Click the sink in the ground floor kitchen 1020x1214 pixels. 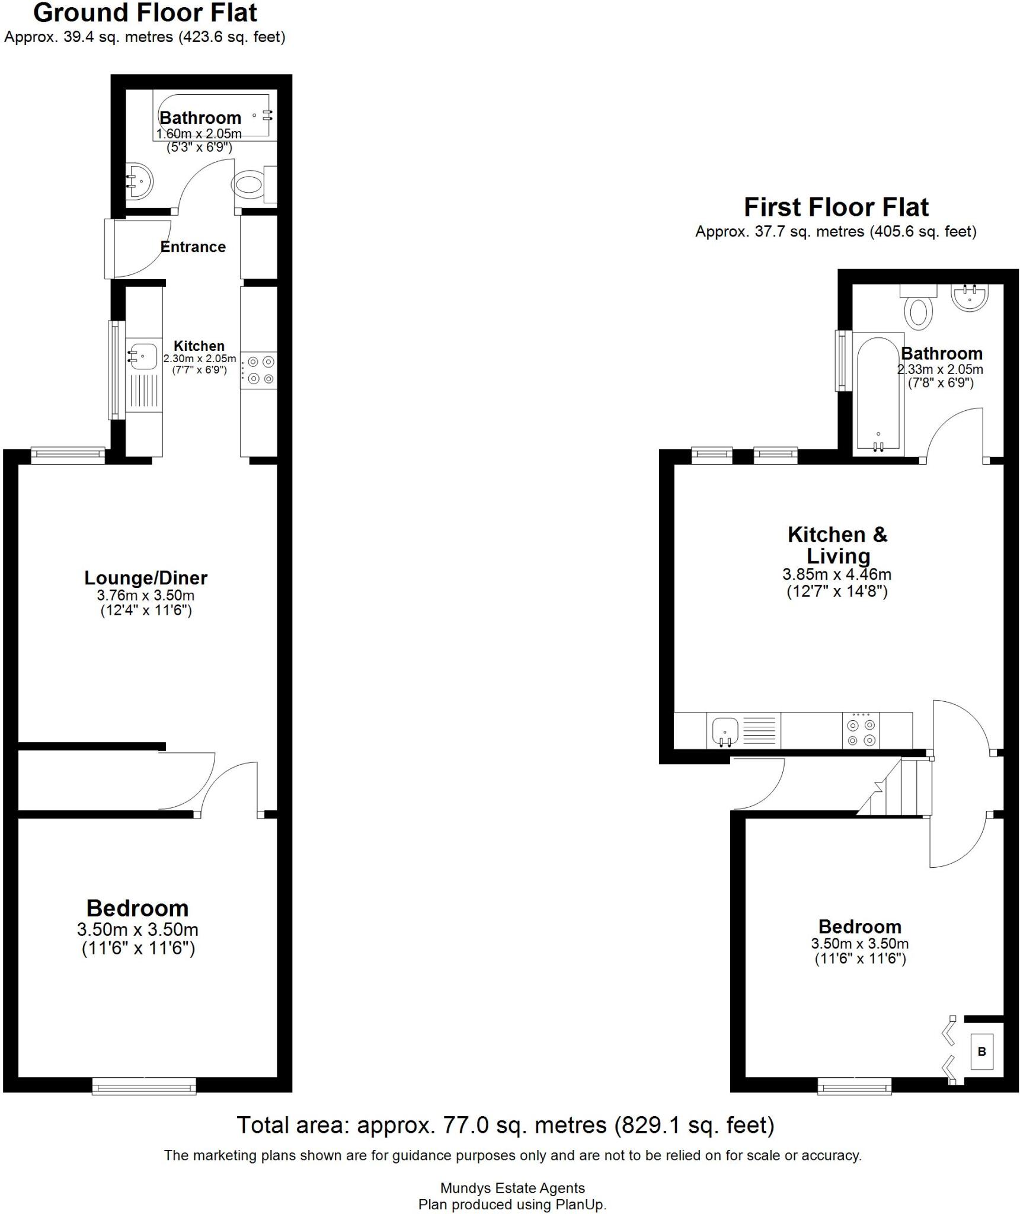(143, 356)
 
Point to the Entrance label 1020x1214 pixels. (193, 247)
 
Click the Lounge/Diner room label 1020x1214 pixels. (146, 577)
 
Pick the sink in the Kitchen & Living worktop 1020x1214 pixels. (724, 730)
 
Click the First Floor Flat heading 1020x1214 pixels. (836, 207)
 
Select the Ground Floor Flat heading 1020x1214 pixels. (146, 13)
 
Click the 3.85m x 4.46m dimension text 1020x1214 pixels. (836, 574)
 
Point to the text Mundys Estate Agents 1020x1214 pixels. (512, 1188)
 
